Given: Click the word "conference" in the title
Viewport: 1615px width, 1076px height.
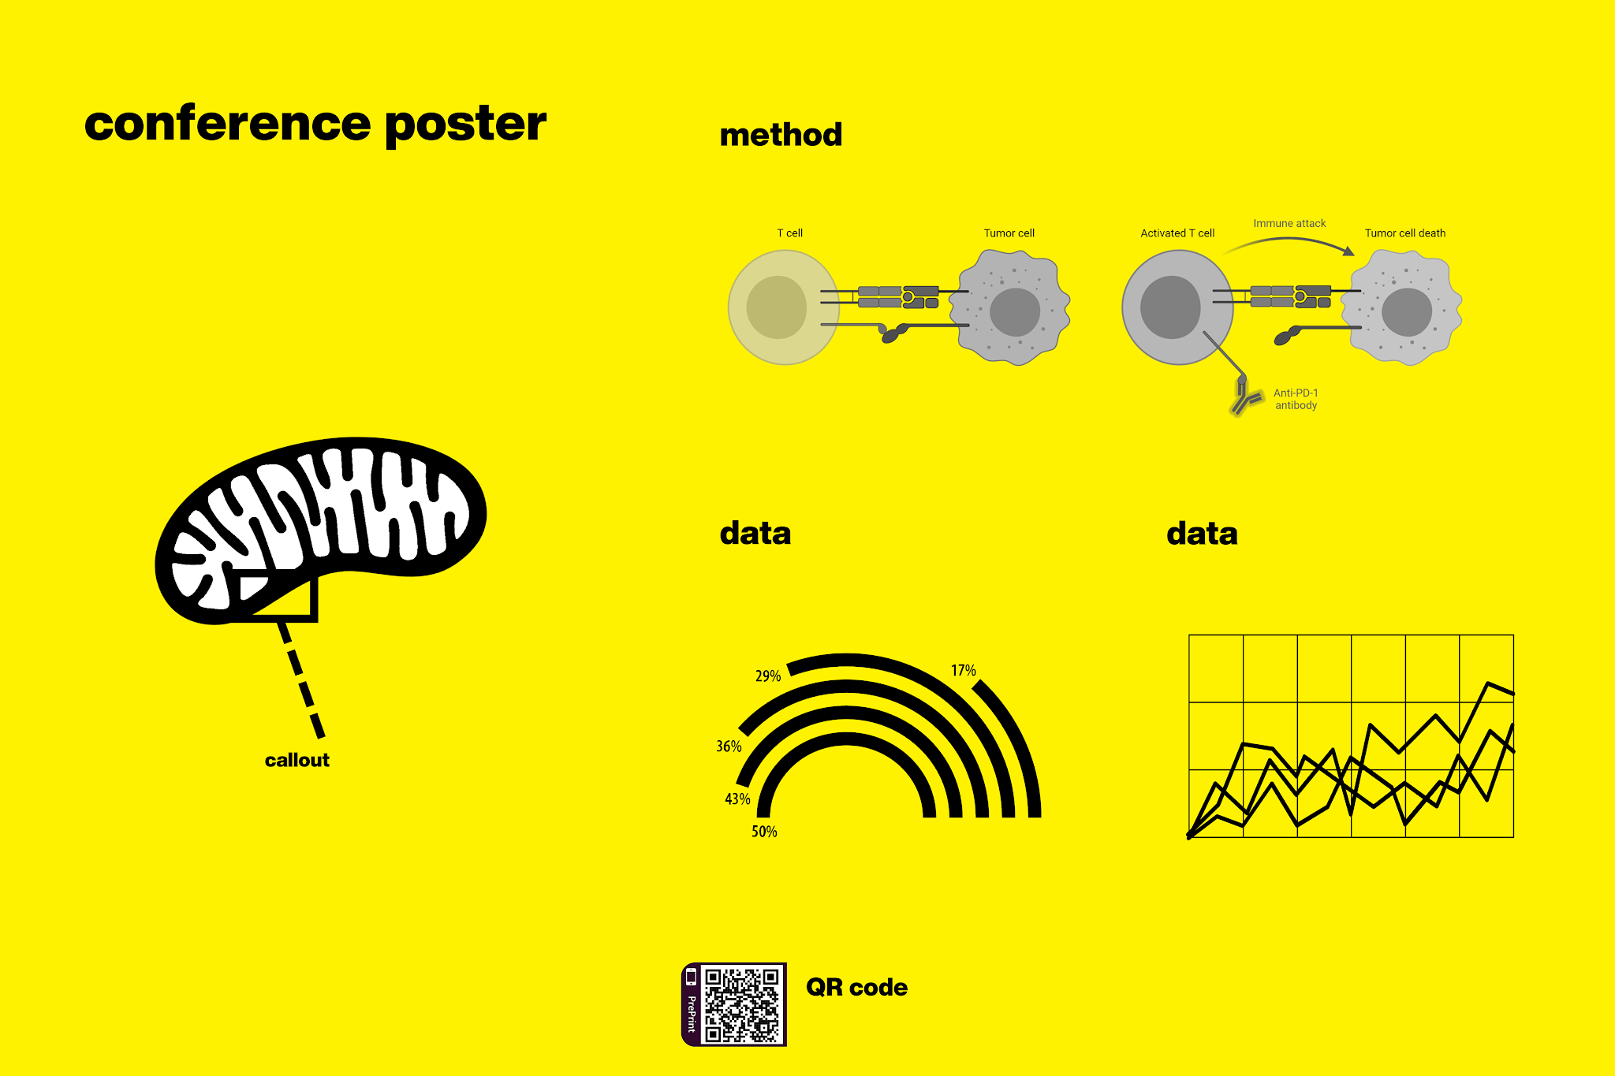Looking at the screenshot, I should [227, 125].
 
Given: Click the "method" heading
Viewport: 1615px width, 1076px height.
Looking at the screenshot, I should [781, 135].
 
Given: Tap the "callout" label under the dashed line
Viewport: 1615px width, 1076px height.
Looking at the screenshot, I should [297, 760].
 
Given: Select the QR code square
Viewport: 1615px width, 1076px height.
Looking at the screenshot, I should [741, 1004].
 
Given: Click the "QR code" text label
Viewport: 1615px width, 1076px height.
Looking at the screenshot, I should [856, 987].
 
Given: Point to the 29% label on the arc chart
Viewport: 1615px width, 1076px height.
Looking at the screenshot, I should [767, 676].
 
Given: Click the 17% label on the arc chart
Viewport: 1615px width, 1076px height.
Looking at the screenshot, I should [963, 671].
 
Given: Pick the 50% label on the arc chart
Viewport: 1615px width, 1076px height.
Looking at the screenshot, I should [763, 832].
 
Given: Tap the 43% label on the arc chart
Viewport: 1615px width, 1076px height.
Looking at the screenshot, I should [737, 799].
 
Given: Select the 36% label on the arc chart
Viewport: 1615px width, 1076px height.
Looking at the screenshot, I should [729, 746].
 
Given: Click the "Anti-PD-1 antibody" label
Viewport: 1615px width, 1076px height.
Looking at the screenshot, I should [1296, 399].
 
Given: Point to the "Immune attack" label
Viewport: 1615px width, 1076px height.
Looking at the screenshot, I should [1289, 223].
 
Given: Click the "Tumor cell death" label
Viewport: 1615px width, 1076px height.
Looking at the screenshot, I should [1404, 233].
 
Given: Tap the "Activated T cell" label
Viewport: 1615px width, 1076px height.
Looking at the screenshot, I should [1177, 233].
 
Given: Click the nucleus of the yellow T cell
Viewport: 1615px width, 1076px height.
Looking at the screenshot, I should [776, 307].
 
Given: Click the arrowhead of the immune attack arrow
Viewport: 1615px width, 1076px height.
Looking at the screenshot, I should [1348, 251].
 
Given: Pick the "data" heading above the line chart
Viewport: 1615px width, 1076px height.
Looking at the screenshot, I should [1202, 534].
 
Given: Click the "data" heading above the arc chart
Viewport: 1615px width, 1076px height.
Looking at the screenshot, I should [755, 534].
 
